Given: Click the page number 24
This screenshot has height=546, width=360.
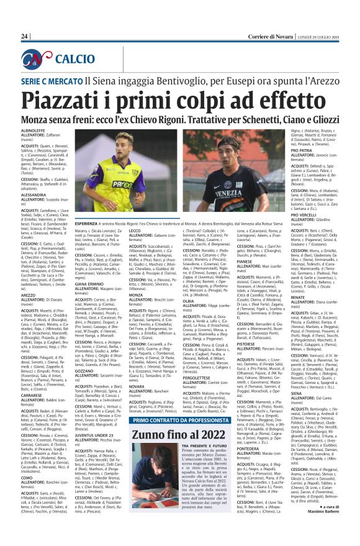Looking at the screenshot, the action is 25,36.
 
